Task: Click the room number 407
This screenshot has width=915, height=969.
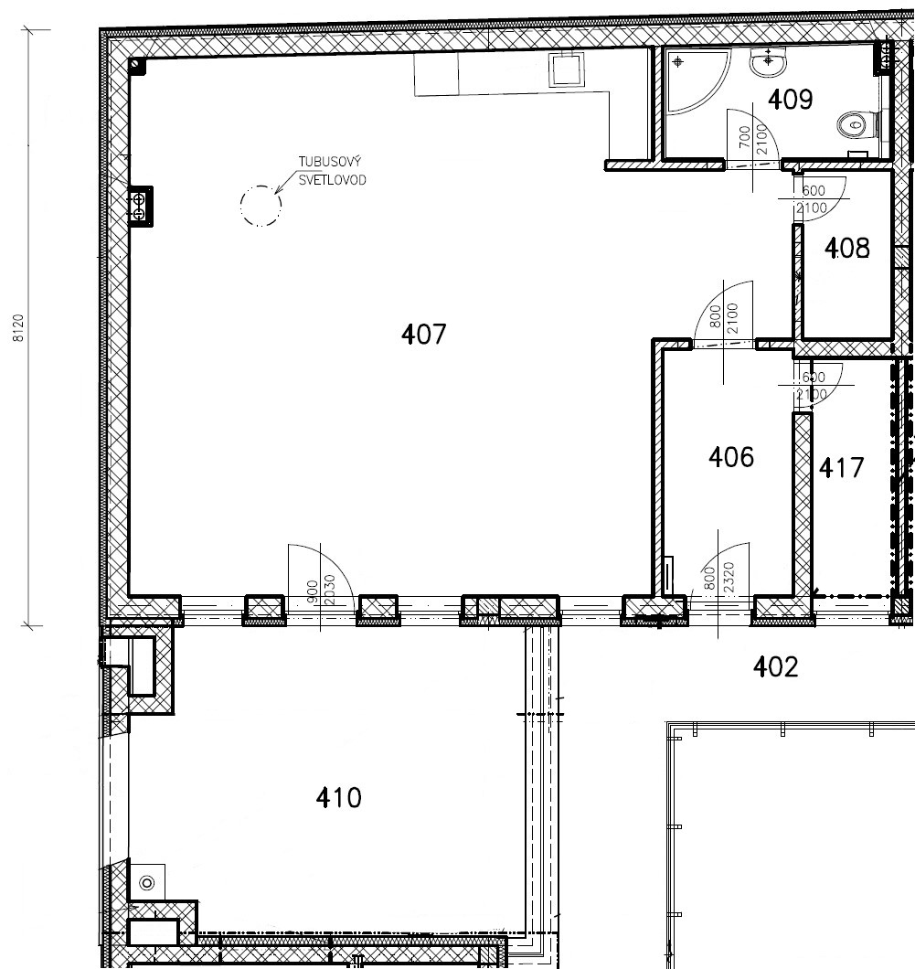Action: pos(423,335)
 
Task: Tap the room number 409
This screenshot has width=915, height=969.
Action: pos(790,99)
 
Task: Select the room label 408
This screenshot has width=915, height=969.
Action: pos(847,248)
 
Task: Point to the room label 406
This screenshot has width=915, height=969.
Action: pos(731,457)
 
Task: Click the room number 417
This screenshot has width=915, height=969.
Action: pos(841,468)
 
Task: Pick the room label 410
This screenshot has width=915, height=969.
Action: pos(338,798)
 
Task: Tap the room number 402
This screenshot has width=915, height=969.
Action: pos(775,666)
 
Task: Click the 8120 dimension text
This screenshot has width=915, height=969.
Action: pos(18,327)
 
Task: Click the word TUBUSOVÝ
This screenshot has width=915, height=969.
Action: pos(330,161)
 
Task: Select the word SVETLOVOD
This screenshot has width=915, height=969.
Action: pos(333,180)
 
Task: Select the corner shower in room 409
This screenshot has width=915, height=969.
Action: pos(697,81)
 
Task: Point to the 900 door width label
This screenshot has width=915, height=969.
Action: pos(312,592)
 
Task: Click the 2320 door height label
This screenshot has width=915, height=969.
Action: pos(729,577)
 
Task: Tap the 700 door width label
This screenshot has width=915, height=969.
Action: pos(744,136)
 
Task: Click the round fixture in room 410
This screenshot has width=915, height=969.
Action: pos(147,882)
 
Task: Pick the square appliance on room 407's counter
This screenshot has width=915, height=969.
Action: pos(567,69)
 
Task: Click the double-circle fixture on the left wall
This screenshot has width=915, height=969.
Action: pos(139,207)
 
